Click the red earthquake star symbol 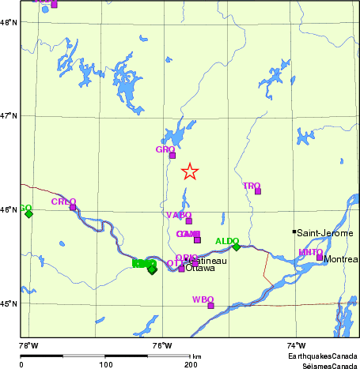point(190,171)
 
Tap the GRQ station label point(165,149)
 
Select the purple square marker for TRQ point(258,191)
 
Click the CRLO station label point(63,201)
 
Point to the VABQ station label point(179,215)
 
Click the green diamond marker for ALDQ point(236,247)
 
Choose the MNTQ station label point(310,252)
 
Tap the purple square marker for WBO point(211,306)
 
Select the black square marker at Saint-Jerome point(294,232)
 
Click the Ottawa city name point(200,269)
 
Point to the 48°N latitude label point(9,22)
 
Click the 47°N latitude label point(9,116)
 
